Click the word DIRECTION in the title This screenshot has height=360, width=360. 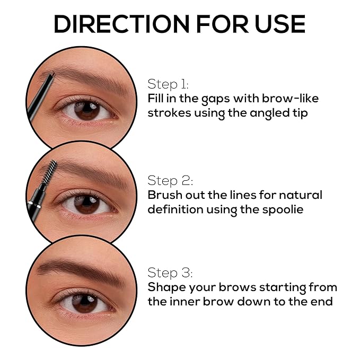(122, 24)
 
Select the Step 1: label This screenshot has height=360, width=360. (168, 84)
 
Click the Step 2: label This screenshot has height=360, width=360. (170, 180)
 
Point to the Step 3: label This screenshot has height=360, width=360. (170, 273)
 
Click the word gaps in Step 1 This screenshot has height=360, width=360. (215, 99)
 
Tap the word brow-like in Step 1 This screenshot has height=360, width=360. (290, 98)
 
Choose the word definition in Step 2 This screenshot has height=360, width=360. (175, 209)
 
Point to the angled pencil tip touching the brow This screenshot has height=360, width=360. (51, 74)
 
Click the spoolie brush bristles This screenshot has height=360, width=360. (49, 171)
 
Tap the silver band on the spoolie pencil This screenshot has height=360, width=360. (34, 205)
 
